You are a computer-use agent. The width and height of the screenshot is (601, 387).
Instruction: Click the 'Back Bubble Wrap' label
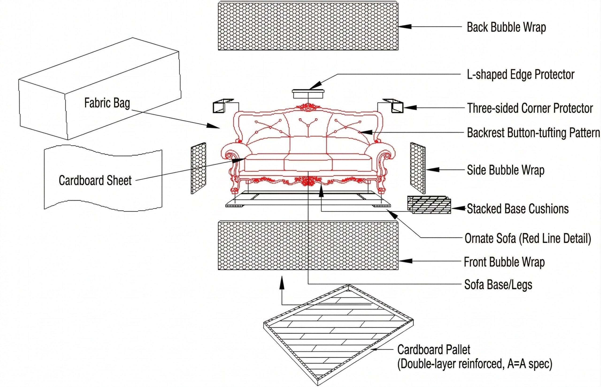click(506, 27)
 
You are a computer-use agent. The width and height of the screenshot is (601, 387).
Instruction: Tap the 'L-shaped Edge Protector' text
click(520, 74)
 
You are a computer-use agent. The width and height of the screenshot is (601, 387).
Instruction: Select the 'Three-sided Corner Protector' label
click(530, 108)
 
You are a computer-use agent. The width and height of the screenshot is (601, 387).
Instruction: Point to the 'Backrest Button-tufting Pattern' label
click(533, 133)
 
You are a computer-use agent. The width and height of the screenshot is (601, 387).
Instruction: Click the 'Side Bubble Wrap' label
click(505, 170)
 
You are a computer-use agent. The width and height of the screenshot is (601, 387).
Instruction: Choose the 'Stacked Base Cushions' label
click(517, 209)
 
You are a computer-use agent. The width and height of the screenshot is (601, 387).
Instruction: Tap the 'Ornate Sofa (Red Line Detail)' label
click(528, 238)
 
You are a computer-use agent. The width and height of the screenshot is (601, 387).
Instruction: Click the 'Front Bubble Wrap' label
click(504, 262)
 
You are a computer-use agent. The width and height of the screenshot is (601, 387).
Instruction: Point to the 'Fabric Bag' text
click(107, 103)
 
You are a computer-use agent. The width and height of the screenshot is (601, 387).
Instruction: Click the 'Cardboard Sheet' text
click(95, 180)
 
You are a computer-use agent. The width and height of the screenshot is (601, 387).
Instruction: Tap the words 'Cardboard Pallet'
click(434, 349)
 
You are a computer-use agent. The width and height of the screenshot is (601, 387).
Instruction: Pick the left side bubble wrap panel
click(198, 168)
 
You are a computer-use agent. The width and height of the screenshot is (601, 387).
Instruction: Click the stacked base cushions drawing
click(429, 205)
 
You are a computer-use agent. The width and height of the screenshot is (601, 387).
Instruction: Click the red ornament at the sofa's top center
click(308, 107)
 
